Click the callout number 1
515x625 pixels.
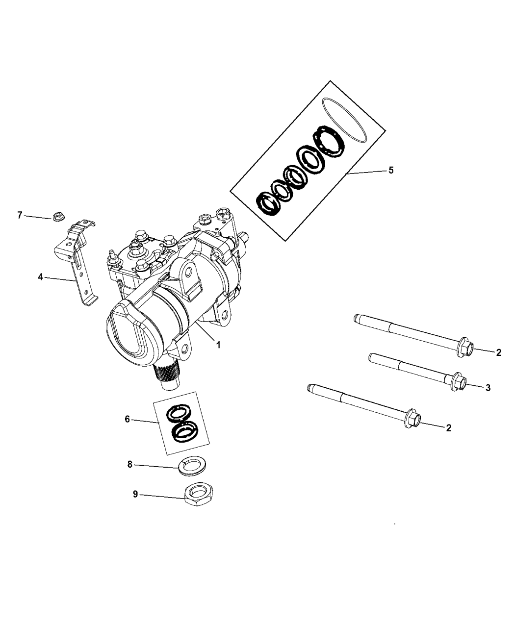218,345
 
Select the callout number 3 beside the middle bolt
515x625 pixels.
488,388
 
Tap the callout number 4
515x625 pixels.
40,277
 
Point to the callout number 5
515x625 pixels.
391,171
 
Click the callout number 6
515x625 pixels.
128,419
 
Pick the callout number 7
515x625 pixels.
20,215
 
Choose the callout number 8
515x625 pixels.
130,464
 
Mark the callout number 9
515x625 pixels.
135,495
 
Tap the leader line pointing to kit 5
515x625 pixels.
365,172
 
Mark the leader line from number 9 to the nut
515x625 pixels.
162,496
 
